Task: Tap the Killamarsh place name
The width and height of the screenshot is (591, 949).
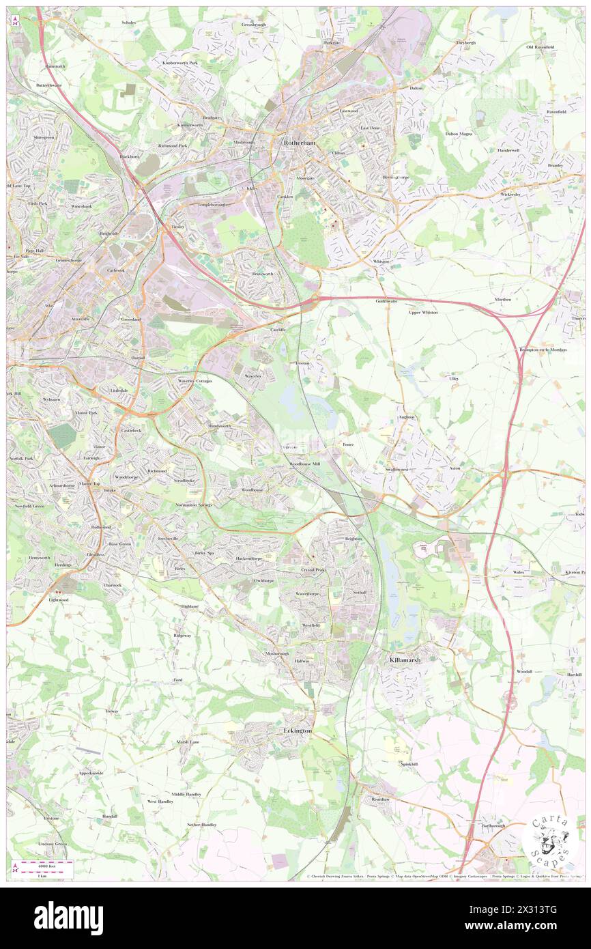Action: click(407, 661)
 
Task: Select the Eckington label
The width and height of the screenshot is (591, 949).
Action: click(297, 731)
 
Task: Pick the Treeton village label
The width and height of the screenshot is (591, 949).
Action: click(302, 363)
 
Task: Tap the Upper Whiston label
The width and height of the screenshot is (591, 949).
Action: click(423, 312)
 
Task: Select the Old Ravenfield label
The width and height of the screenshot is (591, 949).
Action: click(539, 47)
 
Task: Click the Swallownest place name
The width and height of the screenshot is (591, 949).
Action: click(397, 470)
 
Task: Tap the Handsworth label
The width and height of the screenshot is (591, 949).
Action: click(220, 425)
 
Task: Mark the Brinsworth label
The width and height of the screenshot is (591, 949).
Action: click(262, 273)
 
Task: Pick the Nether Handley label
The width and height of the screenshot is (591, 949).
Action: click(202, 825)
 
